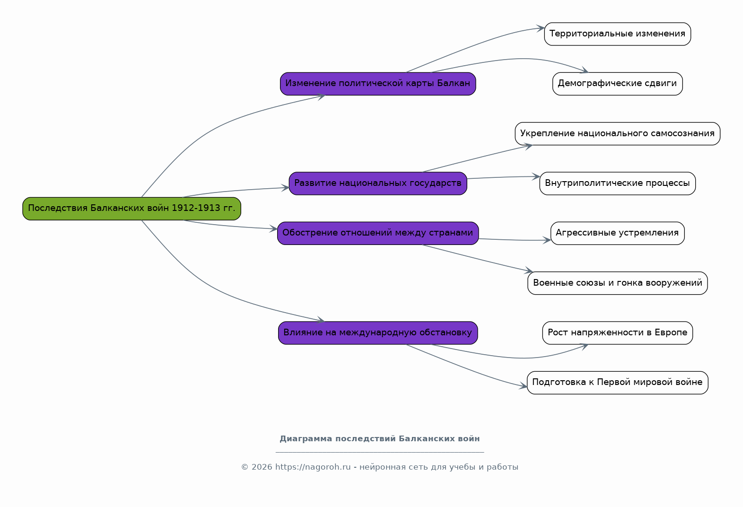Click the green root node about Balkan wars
(x=131, y=209)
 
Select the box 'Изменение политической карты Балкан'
(x=378, y=84)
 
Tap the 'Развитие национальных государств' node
(x=378, y=184)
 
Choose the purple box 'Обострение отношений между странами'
(x=378, y=234)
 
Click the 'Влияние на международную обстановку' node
(x=378, y=333)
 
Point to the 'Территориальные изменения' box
(x=617, y=34)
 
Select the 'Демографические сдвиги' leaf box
(x=617, y=84)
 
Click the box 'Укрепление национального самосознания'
(x=617, y=134)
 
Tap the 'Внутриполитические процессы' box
(x=617, y=184)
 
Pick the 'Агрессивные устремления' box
(x=617, y=234)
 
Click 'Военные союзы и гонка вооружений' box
(x=617, y=283)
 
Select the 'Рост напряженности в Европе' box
(x=617, y=333)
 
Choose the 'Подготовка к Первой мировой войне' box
(x=617, y=383)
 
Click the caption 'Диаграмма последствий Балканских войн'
(x=380, y=439)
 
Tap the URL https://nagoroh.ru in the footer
(x=313, y=467)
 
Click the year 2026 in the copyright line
(x=262, y=467)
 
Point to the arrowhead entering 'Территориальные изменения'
(x=541, y=28)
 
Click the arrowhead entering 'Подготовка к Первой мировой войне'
(x=524, y=386)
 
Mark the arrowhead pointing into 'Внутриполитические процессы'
(x=536, y=177)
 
